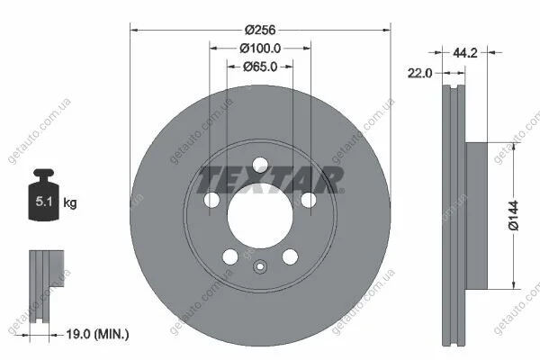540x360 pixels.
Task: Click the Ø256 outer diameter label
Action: pos(260,30)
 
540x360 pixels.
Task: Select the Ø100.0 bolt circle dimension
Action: pos(260,49)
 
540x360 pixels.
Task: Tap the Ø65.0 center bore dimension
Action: pos(260,67)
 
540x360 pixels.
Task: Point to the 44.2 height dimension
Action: pos(465,53)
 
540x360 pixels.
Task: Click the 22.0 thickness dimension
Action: pos(419,73)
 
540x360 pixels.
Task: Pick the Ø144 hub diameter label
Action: pos(513,215)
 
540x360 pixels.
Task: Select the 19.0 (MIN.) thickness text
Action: pos(97,334)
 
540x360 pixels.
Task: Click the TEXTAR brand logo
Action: pos(270,179)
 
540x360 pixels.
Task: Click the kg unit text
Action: pos(70,202)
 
